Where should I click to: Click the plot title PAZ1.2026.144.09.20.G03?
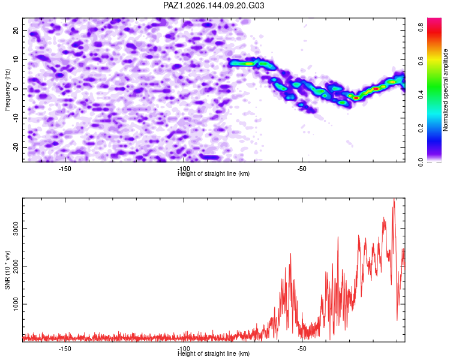click(x=214, y=5)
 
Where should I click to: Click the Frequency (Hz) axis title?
click(x=7, y=90)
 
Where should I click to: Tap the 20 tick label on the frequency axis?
click(x=16, y=30)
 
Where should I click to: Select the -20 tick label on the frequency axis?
click(x=16, y=147)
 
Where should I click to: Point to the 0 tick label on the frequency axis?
click(x=16, y=89)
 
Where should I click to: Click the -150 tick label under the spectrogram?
click(x=65, y=169)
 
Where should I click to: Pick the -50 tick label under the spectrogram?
click(x=302, y=169)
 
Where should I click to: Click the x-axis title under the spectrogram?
click(x=214, y=173)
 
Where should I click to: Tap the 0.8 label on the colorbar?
click(x=421, y=28)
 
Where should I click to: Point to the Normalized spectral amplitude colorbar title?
click(x=445, y=90)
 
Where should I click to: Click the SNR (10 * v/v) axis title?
click(x=7, y=270)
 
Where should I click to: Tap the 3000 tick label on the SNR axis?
click(x=16, y=229)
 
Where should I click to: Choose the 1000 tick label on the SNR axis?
click(x=16, y=304)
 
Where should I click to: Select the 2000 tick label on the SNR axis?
click(x=16, y=266)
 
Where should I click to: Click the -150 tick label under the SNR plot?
click(x=65, y=349)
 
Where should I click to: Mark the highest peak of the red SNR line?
click(x=394, y=199)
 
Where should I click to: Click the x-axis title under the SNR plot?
click(x=214, y=353)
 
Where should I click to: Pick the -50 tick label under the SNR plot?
click(x=302, y=349)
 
